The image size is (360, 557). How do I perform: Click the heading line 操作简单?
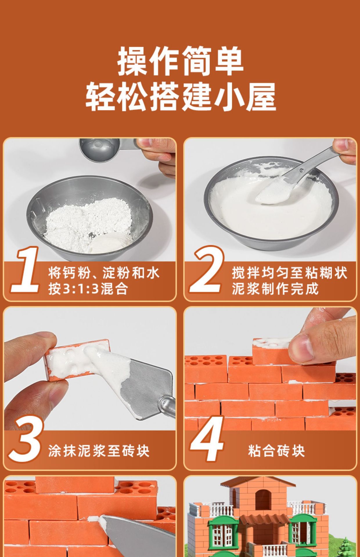tap(180, 61)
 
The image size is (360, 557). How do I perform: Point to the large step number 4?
tap(207, 439)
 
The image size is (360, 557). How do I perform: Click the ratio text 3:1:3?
tap(81, 289)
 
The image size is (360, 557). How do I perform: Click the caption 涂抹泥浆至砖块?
tap(99, 451)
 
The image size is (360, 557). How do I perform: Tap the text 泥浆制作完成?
tap(275, 289)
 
